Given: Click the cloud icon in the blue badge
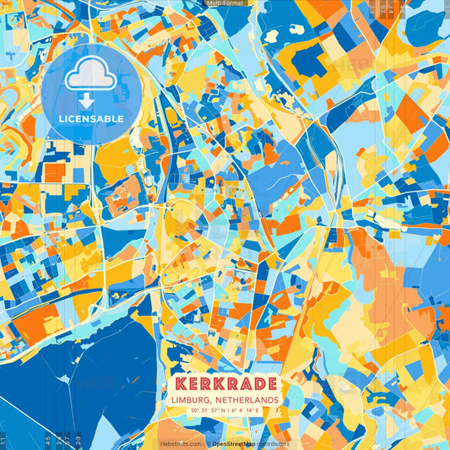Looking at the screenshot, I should [x=90, y=77].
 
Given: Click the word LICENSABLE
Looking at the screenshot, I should [x=90, y=119].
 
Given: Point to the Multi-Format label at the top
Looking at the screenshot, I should [x=225, y=4].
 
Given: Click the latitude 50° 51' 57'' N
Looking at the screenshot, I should [x=206, y=411].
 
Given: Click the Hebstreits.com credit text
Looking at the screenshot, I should [x=181, y=443].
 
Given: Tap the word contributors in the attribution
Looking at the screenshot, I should [x=273, y=443].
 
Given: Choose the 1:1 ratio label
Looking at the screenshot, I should [x=3, y=441].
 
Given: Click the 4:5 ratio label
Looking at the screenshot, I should [x=48, y=441].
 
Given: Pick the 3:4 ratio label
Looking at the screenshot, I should [x=57, y=441].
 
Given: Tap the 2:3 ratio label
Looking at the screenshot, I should [x=78, y=441].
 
